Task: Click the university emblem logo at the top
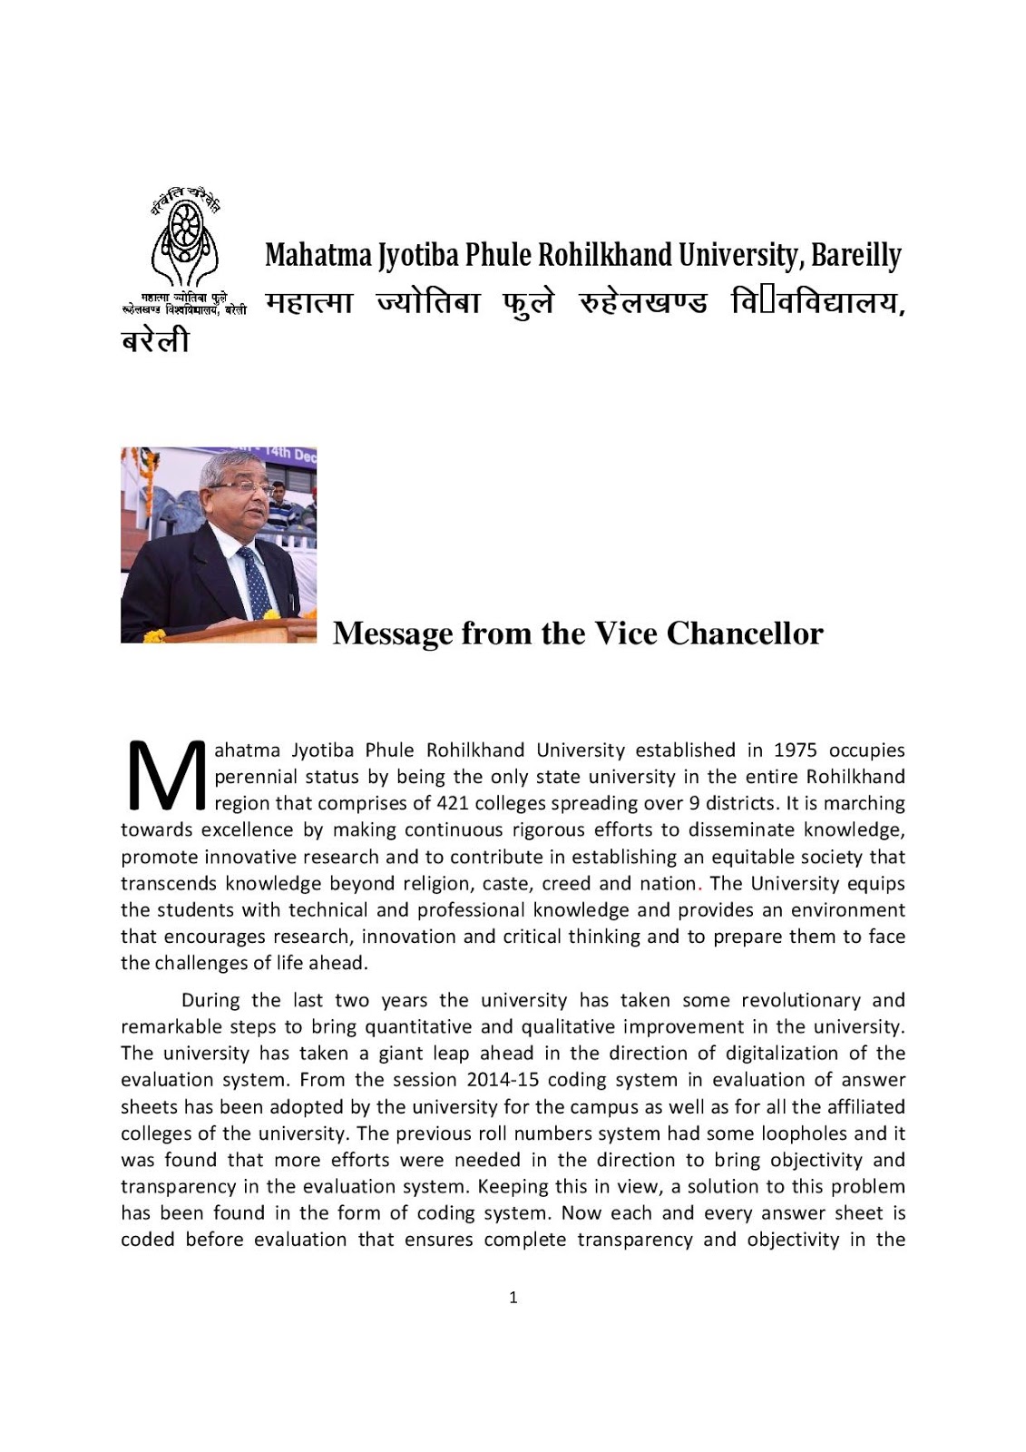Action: (185, 238)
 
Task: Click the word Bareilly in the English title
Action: (855, 256)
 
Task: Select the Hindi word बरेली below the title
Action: (155, 341)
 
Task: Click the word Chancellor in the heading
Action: (745, 633)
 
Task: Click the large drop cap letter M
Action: (166, 776)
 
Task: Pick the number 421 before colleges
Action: (452, 803)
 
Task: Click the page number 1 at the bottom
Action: (513, 1298)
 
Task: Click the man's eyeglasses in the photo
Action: (243, 487)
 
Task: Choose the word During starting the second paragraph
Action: (211, 1000)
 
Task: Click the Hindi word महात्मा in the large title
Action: (308, 303)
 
